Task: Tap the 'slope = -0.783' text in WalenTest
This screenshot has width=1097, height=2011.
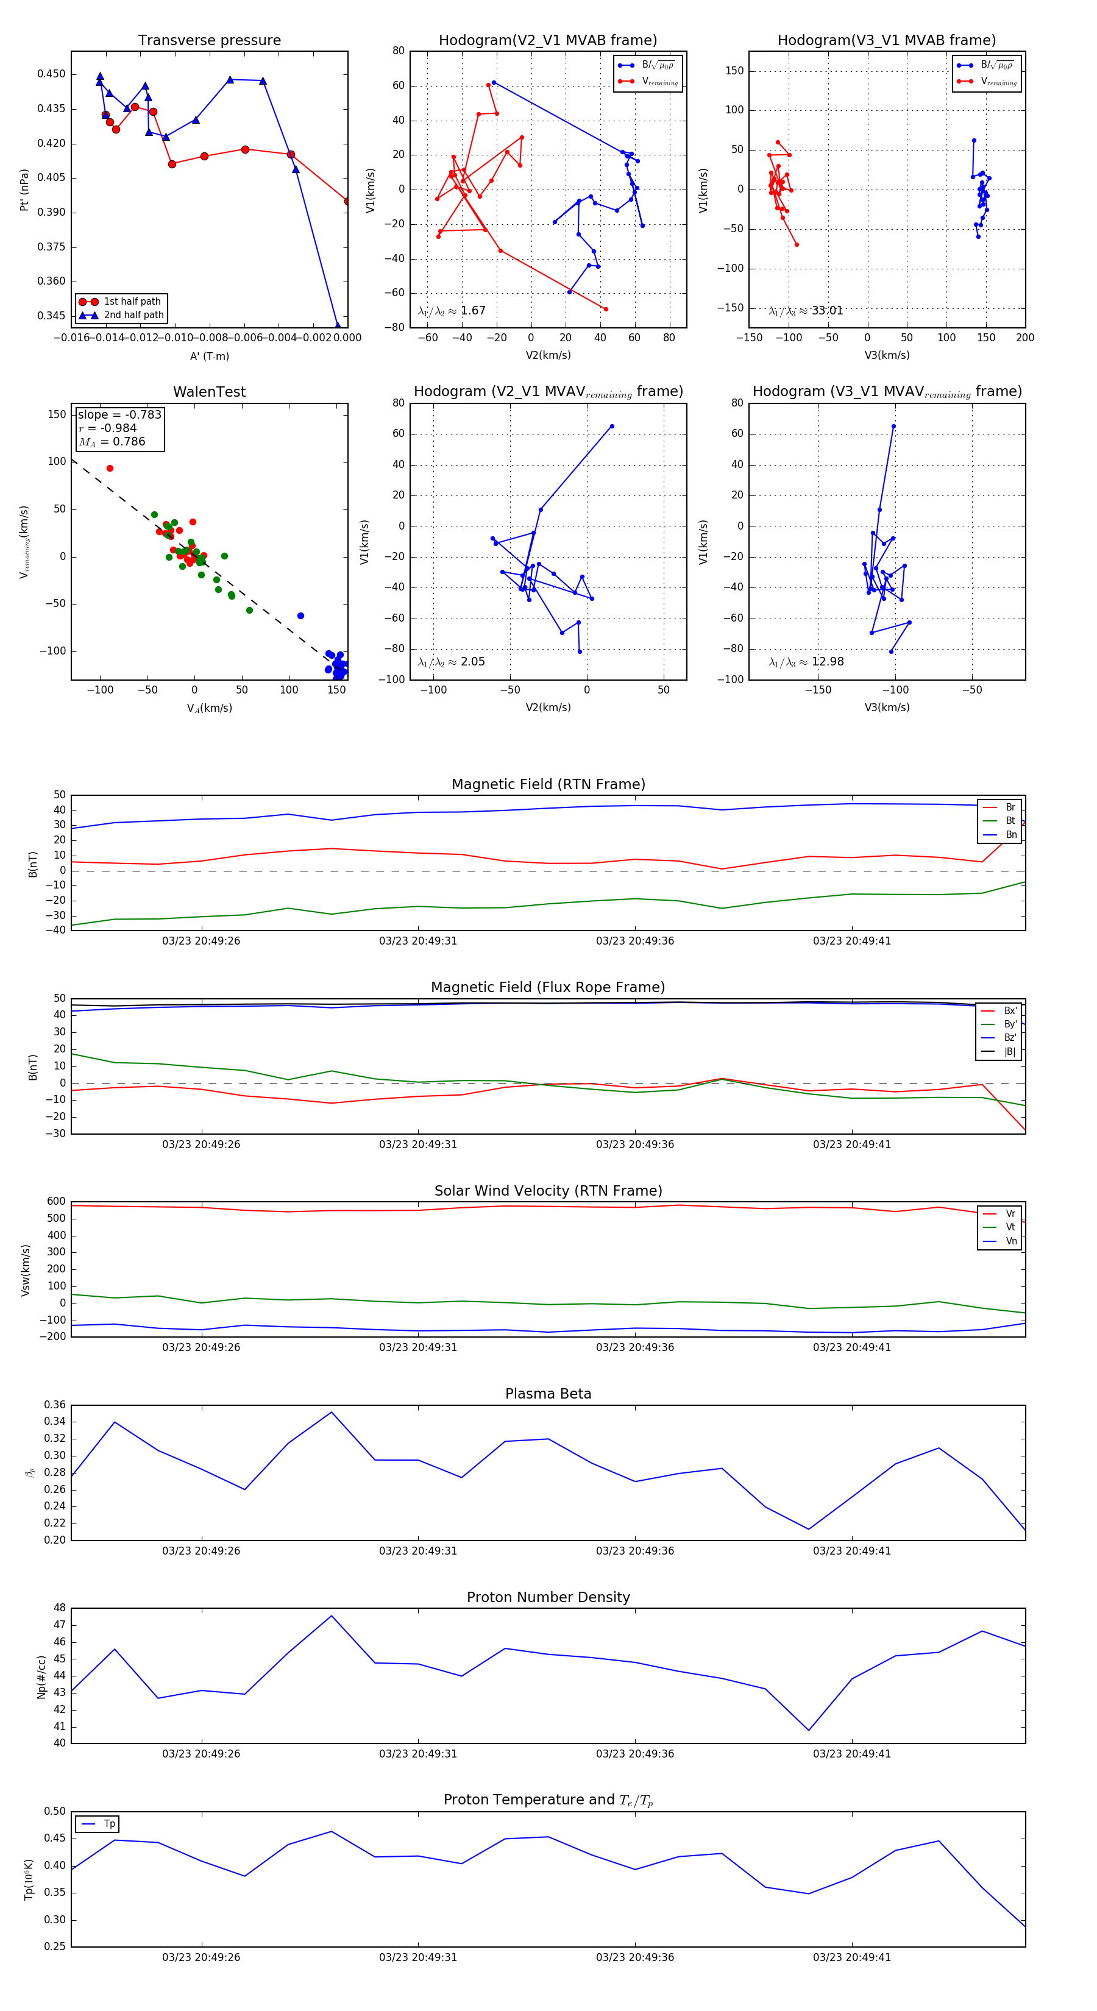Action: pos(119,414)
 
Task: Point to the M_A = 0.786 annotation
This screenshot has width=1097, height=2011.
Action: pos(112,442)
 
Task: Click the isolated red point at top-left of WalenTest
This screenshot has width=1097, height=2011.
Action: pos(110,469)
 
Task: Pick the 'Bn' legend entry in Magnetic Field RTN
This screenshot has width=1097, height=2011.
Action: pos(1010,834)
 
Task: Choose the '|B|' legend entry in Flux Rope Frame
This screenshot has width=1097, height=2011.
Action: pos(1010,1052)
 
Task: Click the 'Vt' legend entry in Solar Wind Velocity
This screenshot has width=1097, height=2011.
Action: pos(1010,1227)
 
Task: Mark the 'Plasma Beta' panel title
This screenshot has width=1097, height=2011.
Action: pos(548,1394)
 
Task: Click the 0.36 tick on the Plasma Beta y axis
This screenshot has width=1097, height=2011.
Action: pos(55,1405)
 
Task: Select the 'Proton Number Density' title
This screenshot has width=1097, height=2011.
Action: pos(548,1597)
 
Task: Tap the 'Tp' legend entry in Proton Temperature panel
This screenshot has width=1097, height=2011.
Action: pos(109,1824)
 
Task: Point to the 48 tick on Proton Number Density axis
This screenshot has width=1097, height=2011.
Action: pos(60,1608)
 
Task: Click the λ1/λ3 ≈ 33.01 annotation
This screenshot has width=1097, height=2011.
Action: pos(806,311)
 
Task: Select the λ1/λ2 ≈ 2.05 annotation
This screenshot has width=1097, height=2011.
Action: pos(451,662)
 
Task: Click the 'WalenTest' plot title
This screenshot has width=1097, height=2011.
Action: pos(209,392)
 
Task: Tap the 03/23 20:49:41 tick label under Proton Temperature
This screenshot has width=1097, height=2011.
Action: pos(852,1957)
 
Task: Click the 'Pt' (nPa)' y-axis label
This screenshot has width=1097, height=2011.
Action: pos(24,190)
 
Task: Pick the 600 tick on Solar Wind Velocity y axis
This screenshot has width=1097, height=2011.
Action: pos(56,1202)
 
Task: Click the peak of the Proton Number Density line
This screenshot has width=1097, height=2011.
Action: pos(331,1616)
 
